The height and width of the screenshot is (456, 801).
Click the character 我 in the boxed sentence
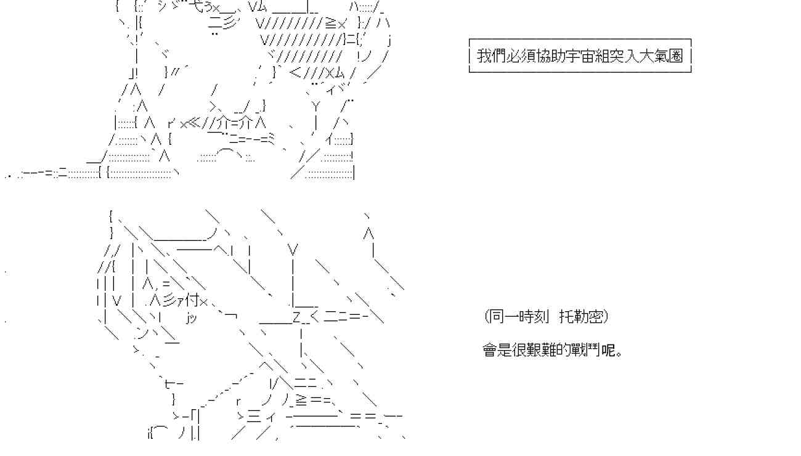[x=484, y=56]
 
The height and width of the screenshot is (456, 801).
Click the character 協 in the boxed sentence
[x=543, y=56]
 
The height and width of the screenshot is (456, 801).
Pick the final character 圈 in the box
[x=677, y=56]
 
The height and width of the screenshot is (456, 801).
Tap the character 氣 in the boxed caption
[x=662, y=56]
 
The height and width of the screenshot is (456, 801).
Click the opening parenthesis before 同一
[x=487, y=317]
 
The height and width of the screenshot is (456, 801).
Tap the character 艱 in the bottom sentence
[x=534, y=351]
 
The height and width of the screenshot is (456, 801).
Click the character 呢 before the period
[x=608, y=351]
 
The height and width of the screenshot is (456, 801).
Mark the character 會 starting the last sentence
[x=489, y=351]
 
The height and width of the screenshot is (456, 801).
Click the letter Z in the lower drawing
[x=296, y=318]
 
